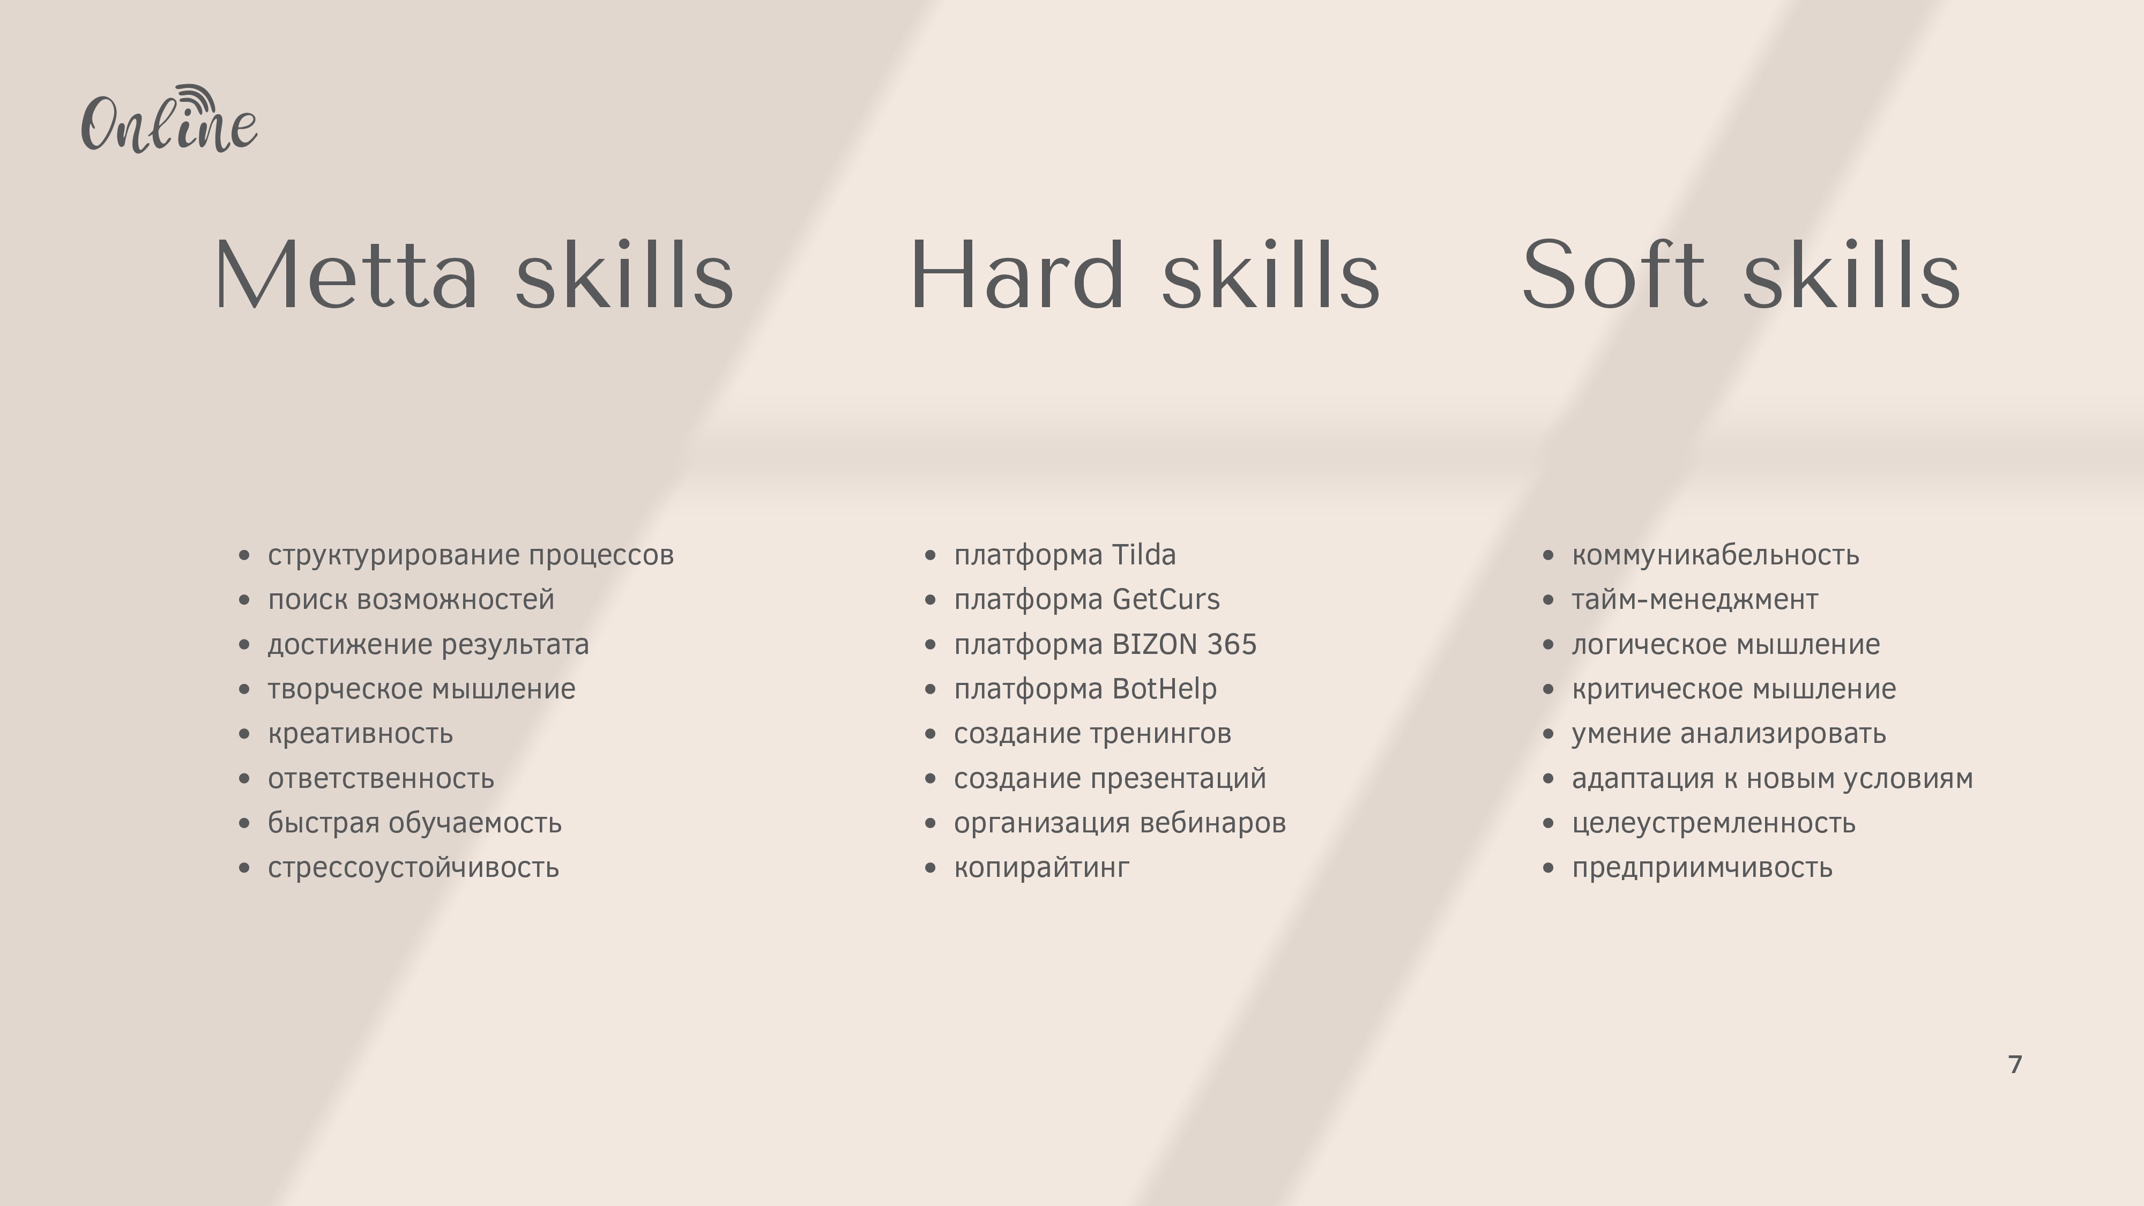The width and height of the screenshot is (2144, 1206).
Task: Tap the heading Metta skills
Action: tap(474, 274)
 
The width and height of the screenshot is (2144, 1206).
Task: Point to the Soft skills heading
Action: tap(1741, 274)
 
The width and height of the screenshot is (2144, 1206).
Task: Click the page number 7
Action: tap(2015, 1064)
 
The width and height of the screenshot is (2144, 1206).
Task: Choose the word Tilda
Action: tap(1144, 554)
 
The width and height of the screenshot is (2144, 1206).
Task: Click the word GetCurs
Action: tap(1165, 599)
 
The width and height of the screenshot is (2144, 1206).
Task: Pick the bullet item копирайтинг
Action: tap(1041, 868)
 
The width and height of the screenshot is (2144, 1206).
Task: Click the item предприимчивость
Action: tap(1702, 868)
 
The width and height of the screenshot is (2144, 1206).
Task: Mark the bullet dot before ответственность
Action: tap(244, 779)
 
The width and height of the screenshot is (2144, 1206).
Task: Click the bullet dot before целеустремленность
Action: tap(1548, 824)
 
